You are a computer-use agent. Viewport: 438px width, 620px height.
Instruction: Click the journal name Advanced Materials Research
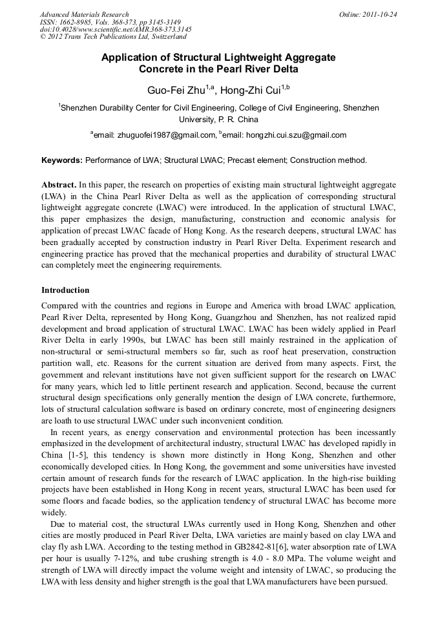(84, 14)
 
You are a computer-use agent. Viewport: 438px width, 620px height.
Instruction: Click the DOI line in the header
(116, 30)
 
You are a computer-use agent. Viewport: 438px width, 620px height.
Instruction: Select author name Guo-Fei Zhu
(176, 90)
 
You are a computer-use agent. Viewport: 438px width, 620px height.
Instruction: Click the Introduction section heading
(65, 290)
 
